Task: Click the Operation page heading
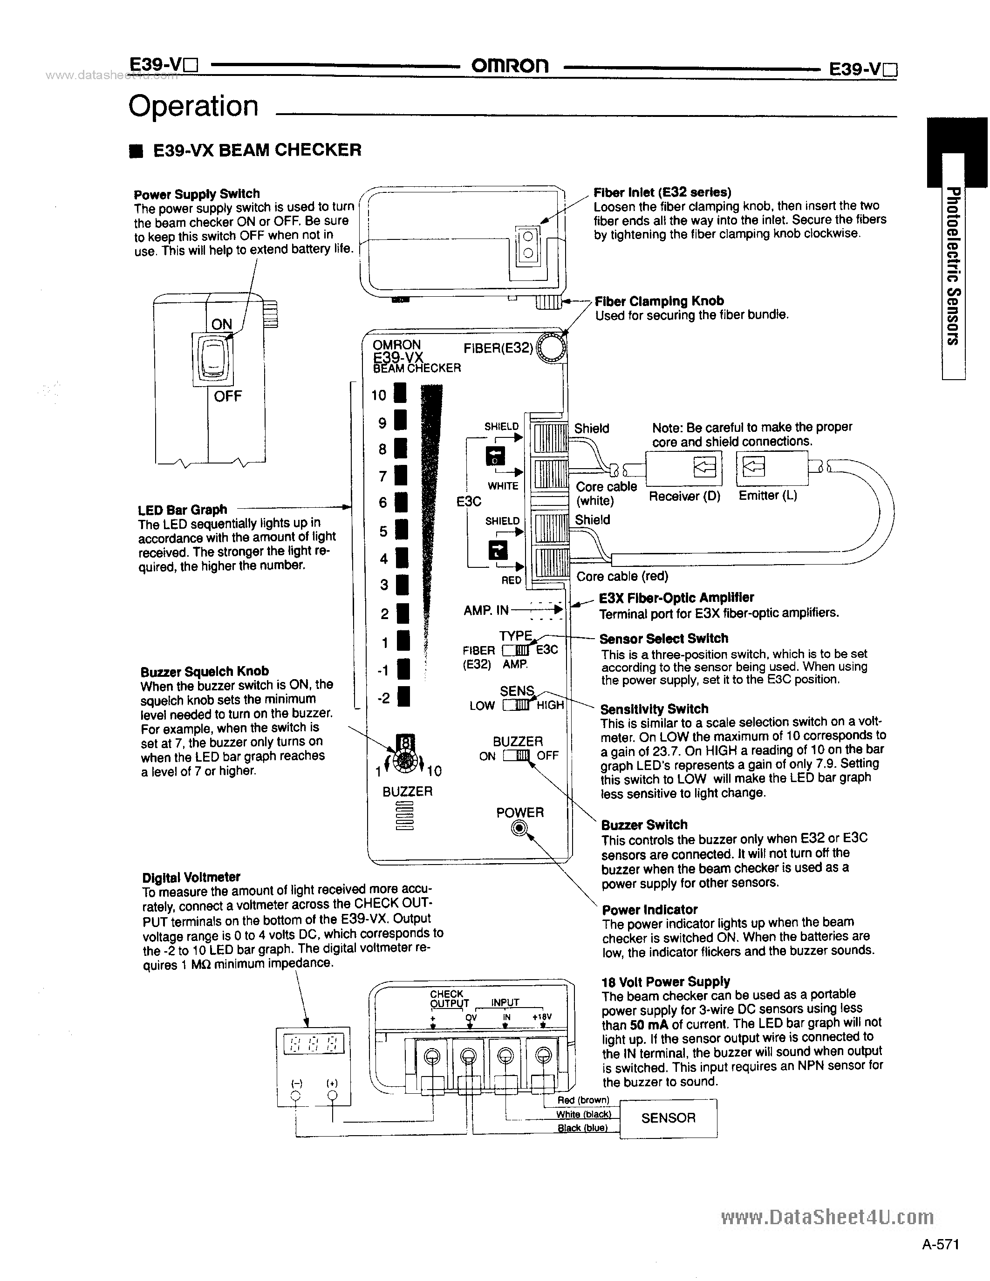(193, 107)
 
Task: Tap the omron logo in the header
(510, 66)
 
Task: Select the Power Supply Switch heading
(197, 194)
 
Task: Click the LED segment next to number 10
(400, 394)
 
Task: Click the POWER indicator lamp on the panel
(519, 828)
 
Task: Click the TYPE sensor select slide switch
(516, 650)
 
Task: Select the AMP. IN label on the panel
(485, 611)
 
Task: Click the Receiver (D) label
(684, 496)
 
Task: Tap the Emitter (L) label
(768, 495)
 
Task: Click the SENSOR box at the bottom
(668, 1118)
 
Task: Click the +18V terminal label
(542, 1017)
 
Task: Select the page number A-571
(940, 1256)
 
